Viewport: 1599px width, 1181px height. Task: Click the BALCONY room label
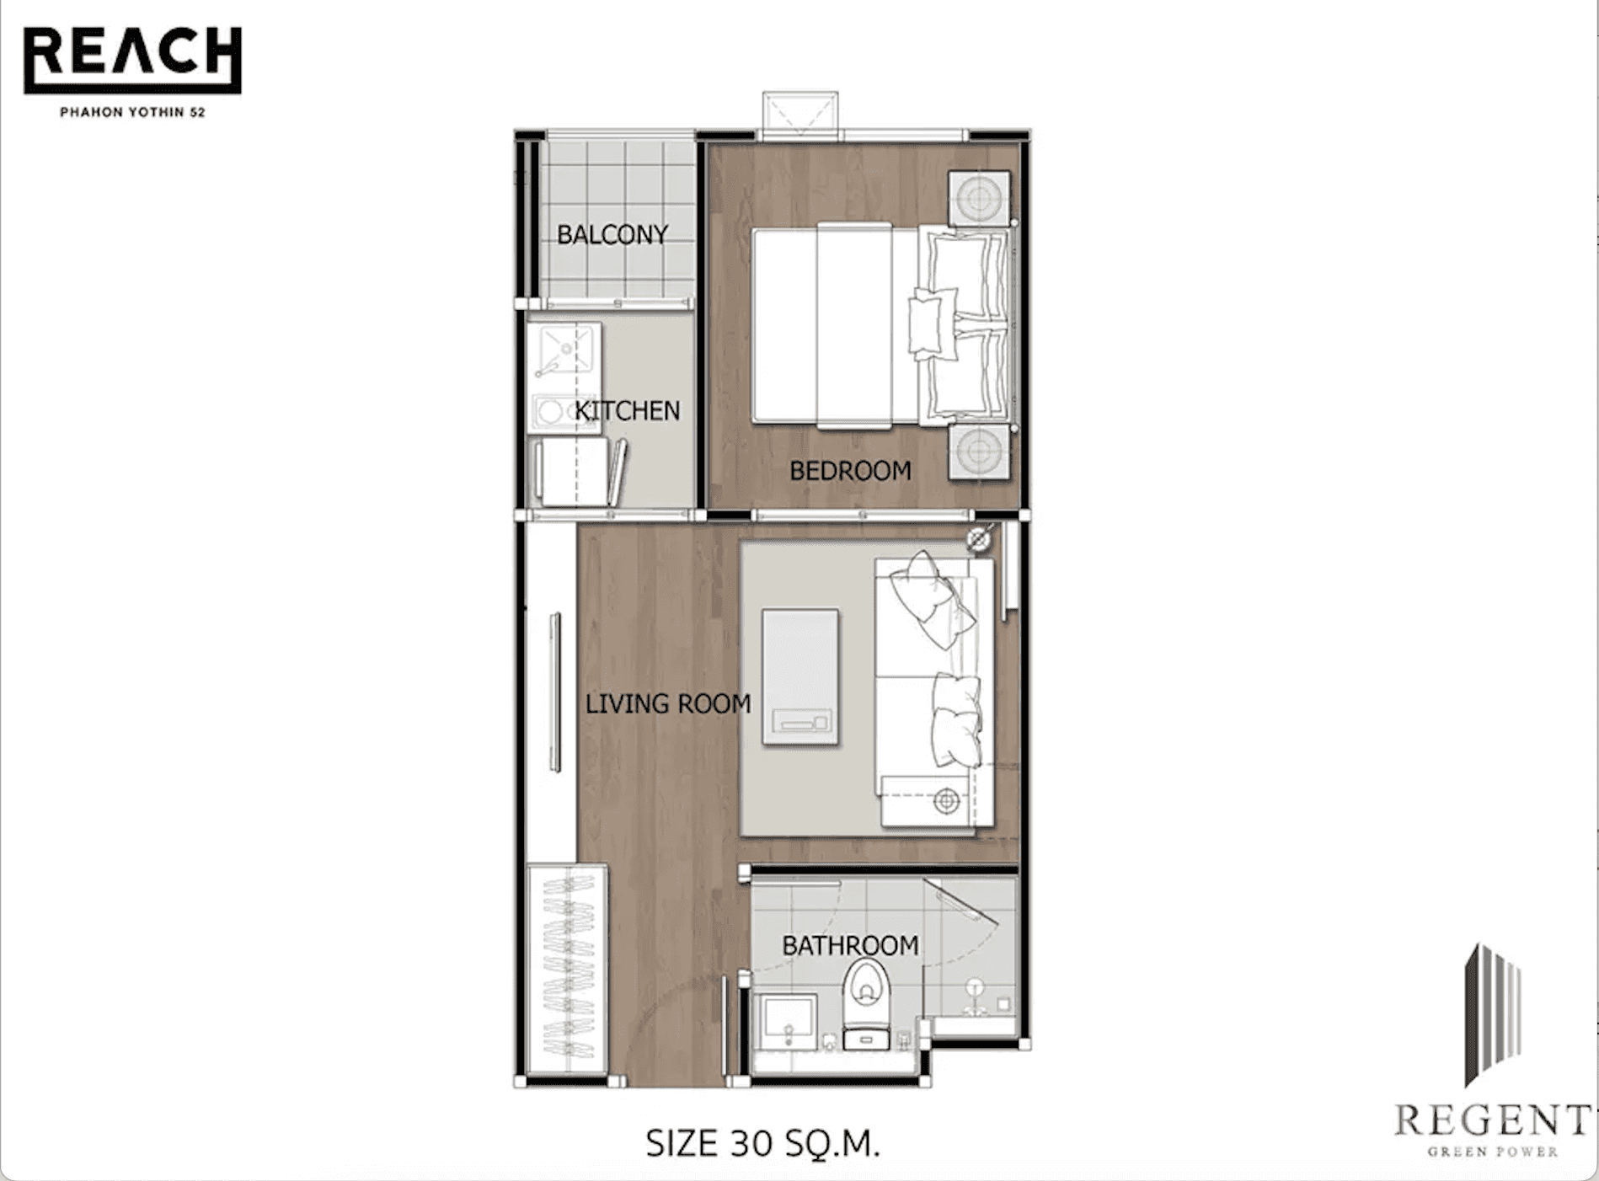tap(612, 234)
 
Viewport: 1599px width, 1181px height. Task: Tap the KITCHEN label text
tap(628, 411)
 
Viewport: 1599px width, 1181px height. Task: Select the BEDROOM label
tap(850, 471)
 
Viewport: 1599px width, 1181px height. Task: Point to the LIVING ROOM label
tap(668, 703)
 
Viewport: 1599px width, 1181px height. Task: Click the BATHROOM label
tap(850, 946)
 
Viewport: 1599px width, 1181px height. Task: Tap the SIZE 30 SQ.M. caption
tap(762, 1143)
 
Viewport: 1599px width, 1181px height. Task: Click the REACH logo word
tap(132, 54)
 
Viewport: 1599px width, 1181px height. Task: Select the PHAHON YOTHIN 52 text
tap(132, 112)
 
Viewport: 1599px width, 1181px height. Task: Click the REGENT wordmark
tap(1492, 1121)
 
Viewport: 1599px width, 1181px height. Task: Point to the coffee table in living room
tap(800, 676)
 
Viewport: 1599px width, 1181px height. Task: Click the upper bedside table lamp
tap(979, 199)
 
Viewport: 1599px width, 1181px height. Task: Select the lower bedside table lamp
tap(979, 452)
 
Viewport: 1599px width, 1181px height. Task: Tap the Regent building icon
tap(1493, 1011)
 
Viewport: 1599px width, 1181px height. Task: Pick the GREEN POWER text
tap(1492, 1152)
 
